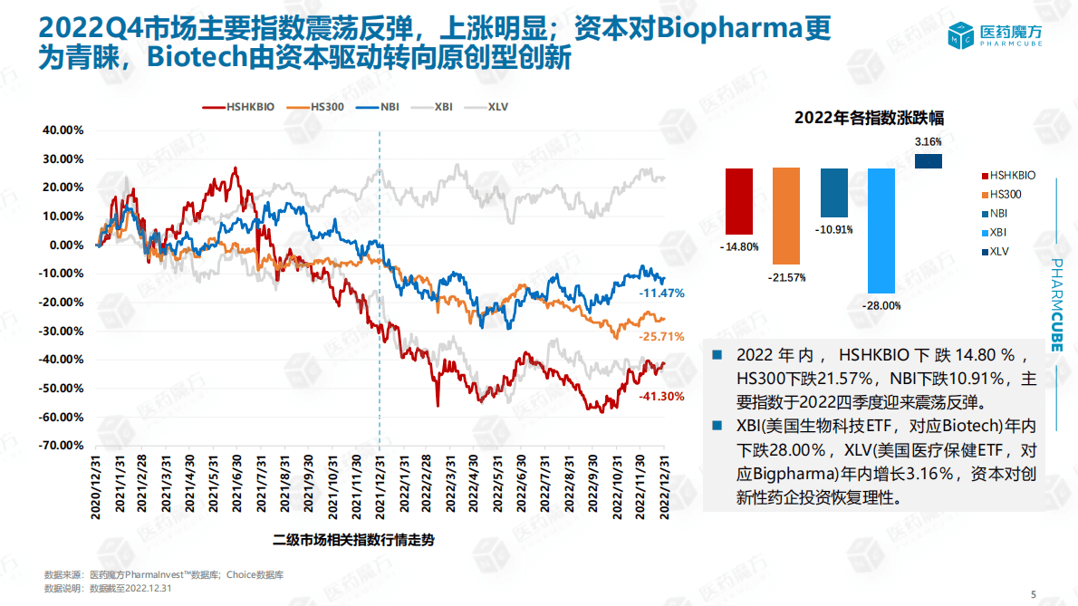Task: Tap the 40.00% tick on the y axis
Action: point(63,130)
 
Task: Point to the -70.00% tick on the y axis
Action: point(63,446)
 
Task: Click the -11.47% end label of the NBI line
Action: point(661,293)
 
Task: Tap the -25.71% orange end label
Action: point(661,336)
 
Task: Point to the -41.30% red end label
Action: point(661,396)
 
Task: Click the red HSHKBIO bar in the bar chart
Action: point(739,201)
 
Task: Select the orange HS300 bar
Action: point(786,215)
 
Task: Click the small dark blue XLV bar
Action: point(929,161)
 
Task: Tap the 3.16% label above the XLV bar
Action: point(929,141)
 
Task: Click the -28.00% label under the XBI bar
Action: point(881,305)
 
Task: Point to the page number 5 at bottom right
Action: point(1034,593)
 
